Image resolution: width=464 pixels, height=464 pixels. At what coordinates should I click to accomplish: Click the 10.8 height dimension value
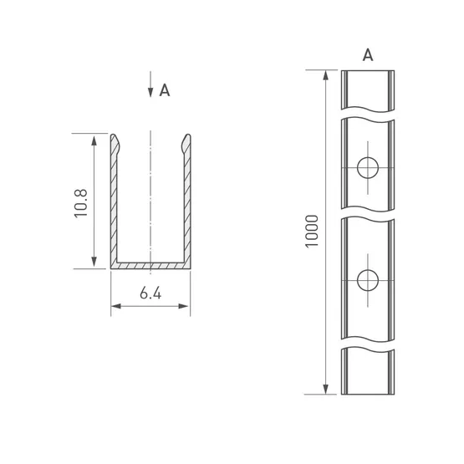(x=80, y=203)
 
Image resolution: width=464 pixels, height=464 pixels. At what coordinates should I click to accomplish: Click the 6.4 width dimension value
(x=150, y=293)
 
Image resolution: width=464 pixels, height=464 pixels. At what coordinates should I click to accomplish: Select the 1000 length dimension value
(x=312, y=232)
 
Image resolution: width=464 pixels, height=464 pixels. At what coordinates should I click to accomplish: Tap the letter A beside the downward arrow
(x=165, y=90)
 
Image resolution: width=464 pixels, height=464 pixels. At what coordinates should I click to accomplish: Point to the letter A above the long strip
(x=368, y=55)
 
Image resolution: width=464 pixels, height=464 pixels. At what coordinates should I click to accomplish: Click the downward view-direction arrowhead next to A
(x=150, y=92)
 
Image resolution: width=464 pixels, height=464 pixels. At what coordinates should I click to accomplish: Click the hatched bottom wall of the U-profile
(x=150, y=265)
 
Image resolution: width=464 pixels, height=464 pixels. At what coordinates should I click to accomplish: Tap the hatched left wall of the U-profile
(x=114, y=207)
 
